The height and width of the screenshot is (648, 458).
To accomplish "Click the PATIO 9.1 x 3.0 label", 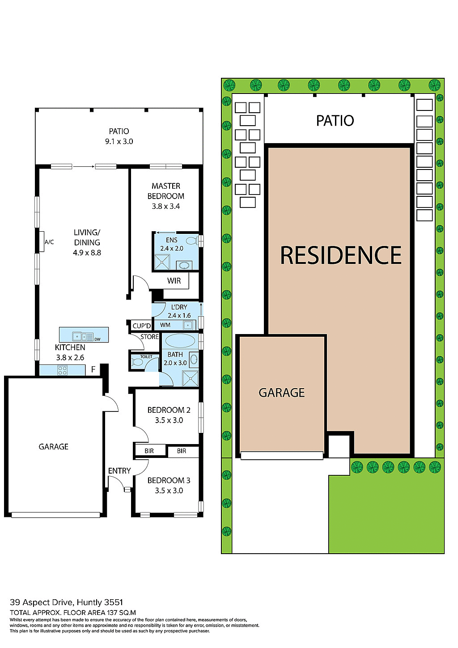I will pos(119,136).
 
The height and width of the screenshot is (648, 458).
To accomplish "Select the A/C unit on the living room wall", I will pos(42,242).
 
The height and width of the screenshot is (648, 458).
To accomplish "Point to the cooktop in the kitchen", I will pos(62,370).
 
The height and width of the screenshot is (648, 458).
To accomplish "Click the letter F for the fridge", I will pos(93,370).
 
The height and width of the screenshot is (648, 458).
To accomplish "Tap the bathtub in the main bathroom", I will pos(178,341).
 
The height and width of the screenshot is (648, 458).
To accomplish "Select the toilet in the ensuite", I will pos(192,241).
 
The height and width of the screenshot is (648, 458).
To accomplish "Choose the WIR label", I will pos(174,281).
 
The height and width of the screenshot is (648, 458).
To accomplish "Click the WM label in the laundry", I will pos(165,325).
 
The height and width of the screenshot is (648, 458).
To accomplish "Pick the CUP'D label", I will pos(142,326).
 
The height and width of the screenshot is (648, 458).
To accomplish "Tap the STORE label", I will pos(149,337).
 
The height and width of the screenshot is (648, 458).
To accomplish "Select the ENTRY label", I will pos(119,471).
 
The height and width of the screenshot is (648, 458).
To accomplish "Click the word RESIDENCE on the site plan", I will pos(341,255).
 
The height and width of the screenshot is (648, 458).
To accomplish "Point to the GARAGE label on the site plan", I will pos(282,393).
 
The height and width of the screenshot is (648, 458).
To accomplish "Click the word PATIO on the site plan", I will pos(335,120).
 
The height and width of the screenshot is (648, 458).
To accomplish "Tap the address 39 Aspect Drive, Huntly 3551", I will pos(66,602).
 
